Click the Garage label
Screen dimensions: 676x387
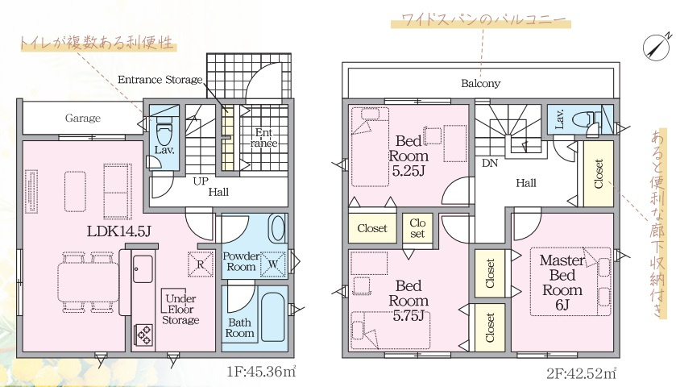(83, 118)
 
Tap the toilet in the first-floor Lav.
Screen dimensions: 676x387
(164, 131)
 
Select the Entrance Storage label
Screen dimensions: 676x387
(160, 79)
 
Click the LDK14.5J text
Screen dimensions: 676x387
(118, 231)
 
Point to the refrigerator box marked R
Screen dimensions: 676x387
(201, 264)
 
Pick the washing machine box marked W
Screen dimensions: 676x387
(273, 264)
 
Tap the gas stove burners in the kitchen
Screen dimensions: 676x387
(144, 334)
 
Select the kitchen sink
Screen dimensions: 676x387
(143, 268)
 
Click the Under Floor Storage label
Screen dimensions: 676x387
(180, 309)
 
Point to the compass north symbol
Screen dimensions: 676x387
(655, 46)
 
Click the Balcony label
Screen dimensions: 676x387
(481, 83)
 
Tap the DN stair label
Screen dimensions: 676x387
(490, 163)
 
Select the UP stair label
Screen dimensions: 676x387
(201, 181)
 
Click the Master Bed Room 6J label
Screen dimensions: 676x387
(562, 283)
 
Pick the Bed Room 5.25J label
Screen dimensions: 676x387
(409, 156)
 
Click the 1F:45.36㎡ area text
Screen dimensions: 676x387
(261, 371)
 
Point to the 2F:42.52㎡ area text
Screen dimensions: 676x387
(581, 372)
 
